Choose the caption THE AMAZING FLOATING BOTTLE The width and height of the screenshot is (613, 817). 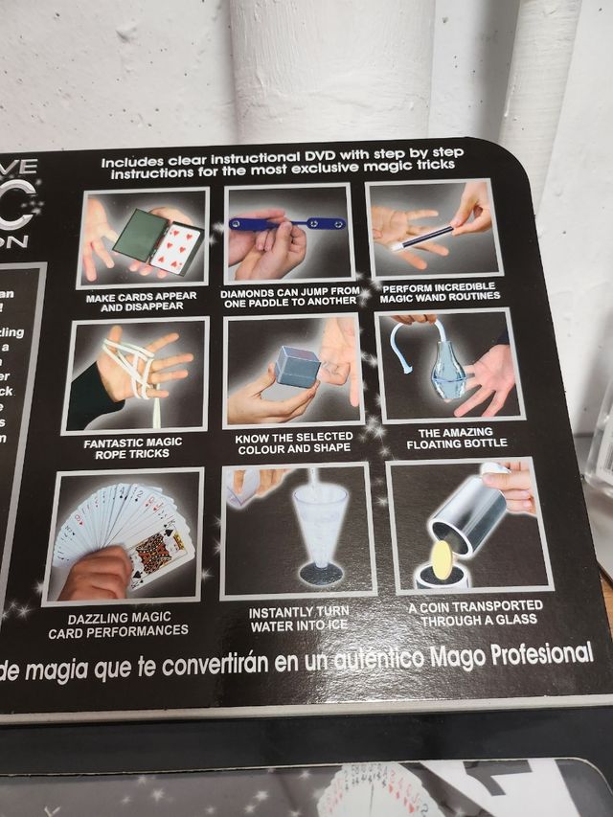(x=456, y=438)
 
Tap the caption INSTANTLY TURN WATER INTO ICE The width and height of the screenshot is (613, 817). (x=299, y=619)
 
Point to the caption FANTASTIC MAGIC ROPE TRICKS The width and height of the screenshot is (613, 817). (x=132, y=446)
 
